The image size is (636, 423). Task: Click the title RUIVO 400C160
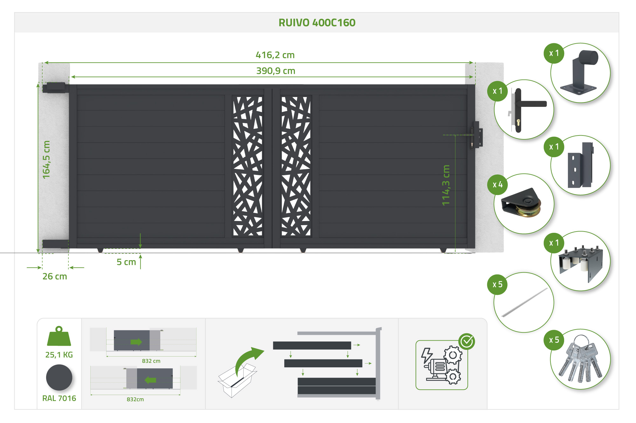point(317,23)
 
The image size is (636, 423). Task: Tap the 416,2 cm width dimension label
point(275,55)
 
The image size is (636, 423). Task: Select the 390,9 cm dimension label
point(276,71)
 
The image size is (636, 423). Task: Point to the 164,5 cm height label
point(46,159)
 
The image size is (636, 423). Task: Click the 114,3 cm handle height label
point(446,185)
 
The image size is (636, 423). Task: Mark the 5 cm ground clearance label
point(126,262)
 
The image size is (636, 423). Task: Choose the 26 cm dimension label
point(55,276)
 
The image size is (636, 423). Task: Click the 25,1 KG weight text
point(59,355)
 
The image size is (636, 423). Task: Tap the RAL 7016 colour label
point(59,398)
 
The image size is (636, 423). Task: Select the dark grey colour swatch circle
point(59,378)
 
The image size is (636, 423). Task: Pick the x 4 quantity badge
point(497,185)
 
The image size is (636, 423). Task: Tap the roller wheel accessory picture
point(522,204)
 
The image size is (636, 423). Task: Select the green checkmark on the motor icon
point(467,342)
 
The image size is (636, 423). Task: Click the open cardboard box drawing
point(237,380)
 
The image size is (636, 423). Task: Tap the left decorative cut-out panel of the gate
point(248,166)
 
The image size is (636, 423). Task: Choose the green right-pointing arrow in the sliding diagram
point(136,342)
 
